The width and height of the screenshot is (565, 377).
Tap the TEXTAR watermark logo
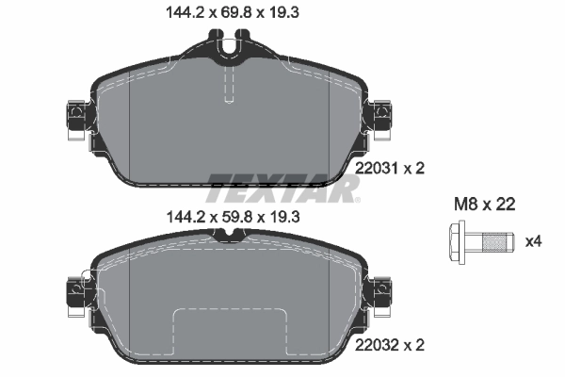pyautogui.click(x=282, y=187)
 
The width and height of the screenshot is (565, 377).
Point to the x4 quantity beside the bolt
pyautogui.click(x=533, y=241)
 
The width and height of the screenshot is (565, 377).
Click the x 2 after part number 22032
pyautogui.click(x=415, y=345)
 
